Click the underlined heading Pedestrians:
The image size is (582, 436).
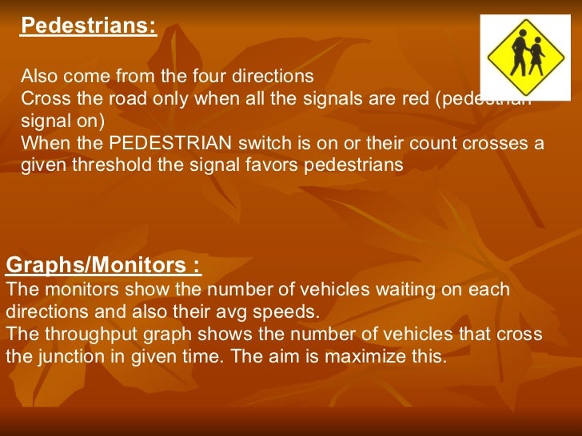(x=88, y=26)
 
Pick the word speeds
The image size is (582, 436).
(x=275, y=311)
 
